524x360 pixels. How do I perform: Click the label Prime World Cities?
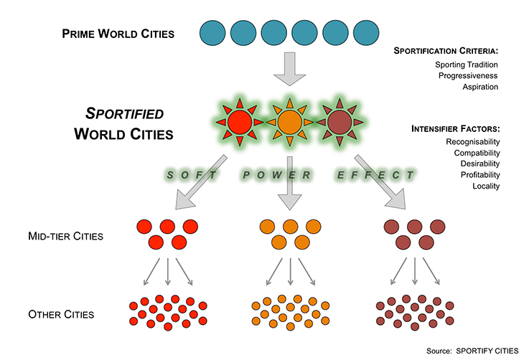coord(118,33)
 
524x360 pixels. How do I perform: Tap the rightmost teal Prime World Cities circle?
coord(367,33)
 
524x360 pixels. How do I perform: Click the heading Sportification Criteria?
coord(446,51)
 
